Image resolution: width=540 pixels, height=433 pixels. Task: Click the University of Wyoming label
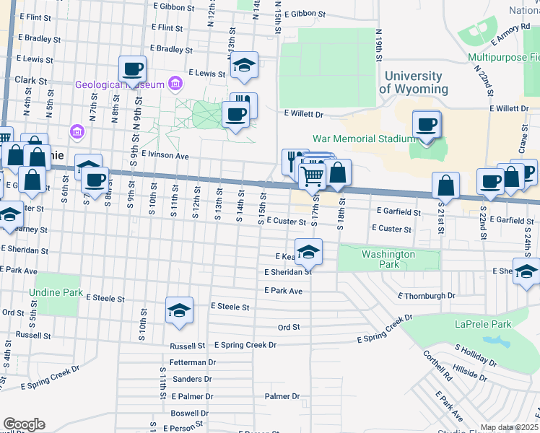pos(413,82)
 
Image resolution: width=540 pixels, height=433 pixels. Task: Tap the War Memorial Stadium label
pos(363,139)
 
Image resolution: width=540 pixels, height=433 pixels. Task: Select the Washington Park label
pos(388,259)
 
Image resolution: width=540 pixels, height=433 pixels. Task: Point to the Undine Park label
pos(56,292)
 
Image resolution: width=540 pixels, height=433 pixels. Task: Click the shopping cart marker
pos(312,175)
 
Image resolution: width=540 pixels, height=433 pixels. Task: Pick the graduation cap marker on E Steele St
pos(179,310)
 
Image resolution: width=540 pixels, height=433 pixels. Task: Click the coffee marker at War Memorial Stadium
pos(427,123)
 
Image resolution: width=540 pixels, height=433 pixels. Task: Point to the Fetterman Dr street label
pos(193,362)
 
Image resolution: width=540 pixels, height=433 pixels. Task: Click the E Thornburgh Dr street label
pos(427,296)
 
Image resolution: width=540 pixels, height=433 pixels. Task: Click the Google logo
pos(24,424)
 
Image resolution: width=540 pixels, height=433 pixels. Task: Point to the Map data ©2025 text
pos(509,427)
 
